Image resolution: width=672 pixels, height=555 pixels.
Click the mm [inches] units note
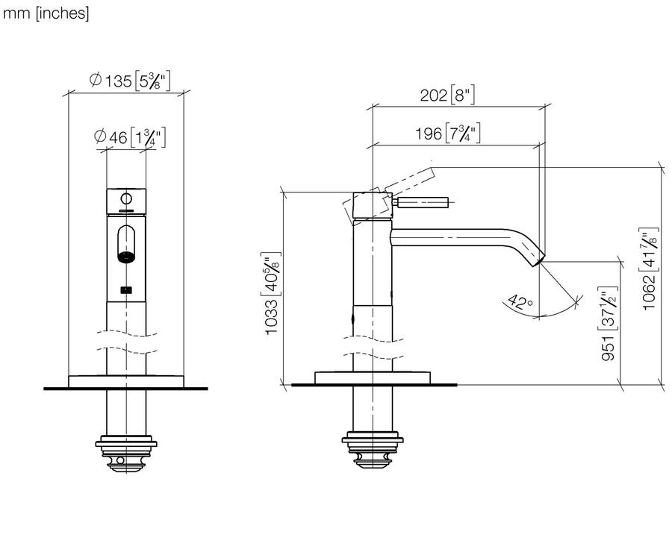pos(46,13)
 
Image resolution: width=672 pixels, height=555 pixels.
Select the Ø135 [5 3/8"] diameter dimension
pos(130,80)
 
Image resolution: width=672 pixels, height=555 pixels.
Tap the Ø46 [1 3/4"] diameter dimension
pos(129,137)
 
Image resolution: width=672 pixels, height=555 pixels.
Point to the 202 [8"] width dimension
pos(447,95)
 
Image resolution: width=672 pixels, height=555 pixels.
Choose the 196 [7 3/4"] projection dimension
pos(447,134)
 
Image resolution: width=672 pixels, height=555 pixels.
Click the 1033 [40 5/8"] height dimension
pos(271,293)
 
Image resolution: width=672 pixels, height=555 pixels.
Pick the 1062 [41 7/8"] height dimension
pos(648,269)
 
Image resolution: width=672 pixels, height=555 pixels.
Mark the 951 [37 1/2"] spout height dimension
pos(609,323)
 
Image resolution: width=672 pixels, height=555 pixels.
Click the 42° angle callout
pos(520,302)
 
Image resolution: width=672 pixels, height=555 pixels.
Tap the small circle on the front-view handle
pos(126,198)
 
